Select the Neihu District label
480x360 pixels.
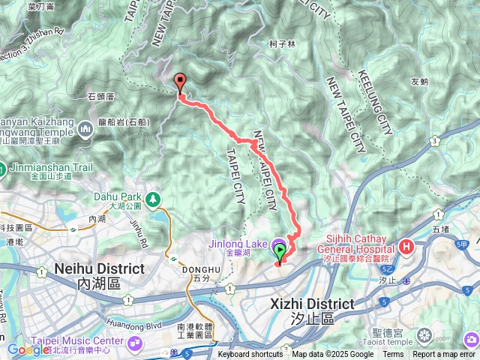coord(88,268)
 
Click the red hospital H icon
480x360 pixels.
coord(407,246)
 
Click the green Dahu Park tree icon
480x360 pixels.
coord(153,199)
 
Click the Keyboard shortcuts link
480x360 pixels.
coord(250,355)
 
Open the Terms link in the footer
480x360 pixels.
coord(393,355)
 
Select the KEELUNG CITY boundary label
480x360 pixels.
coord(374,102)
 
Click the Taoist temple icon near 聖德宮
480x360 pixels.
coord(425,334)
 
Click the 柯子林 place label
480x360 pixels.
coord(282,44)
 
